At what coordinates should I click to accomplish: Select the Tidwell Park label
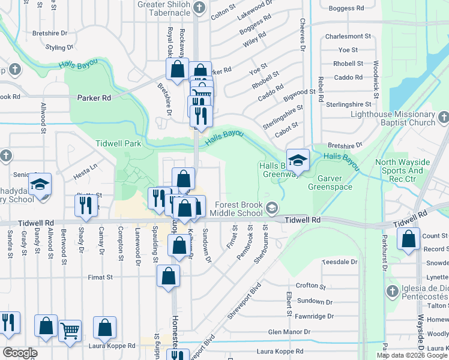pyautogui.click(x=118, y=143)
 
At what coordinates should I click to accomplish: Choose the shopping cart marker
pyautogui.click(x=70, y=330)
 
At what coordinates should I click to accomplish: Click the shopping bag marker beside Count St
pyautogui.click(x=409, y=239)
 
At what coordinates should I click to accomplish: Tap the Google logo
pyautogui.click(x=20, y=352)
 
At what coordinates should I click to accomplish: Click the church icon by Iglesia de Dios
pyautogui.click(x=392, y=292)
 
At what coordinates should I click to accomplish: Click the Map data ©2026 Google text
pyautogui.click(x=412, y=355)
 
